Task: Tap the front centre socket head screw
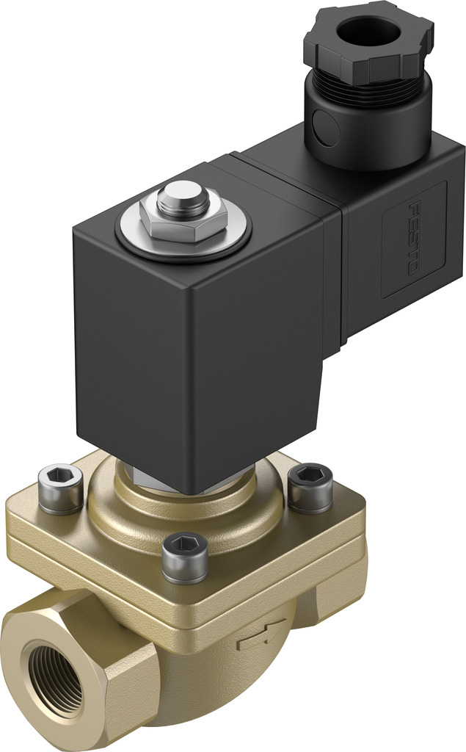point(184,556)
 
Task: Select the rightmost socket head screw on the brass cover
point(310,487)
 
